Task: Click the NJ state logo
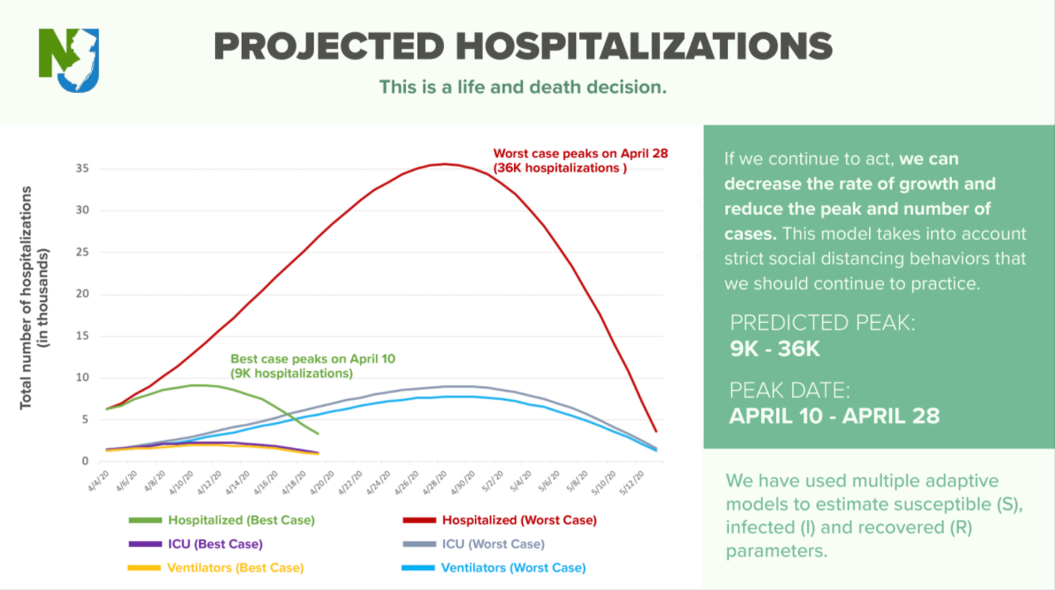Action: point(69,60)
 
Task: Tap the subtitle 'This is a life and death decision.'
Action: point(523,87)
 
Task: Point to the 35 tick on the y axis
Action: point(82,168)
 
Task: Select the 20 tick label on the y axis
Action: point(82,294)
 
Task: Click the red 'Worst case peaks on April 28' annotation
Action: point(580,160)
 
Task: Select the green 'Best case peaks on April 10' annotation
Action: point(313,366)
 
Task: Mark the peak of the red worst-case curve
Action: point(446,164)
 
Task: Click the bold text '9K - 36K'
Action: point(774,349)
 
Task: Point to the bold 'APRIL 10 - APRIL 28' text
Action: point(834,416)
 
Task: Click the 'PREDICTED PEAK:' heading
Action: point(822,323)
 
